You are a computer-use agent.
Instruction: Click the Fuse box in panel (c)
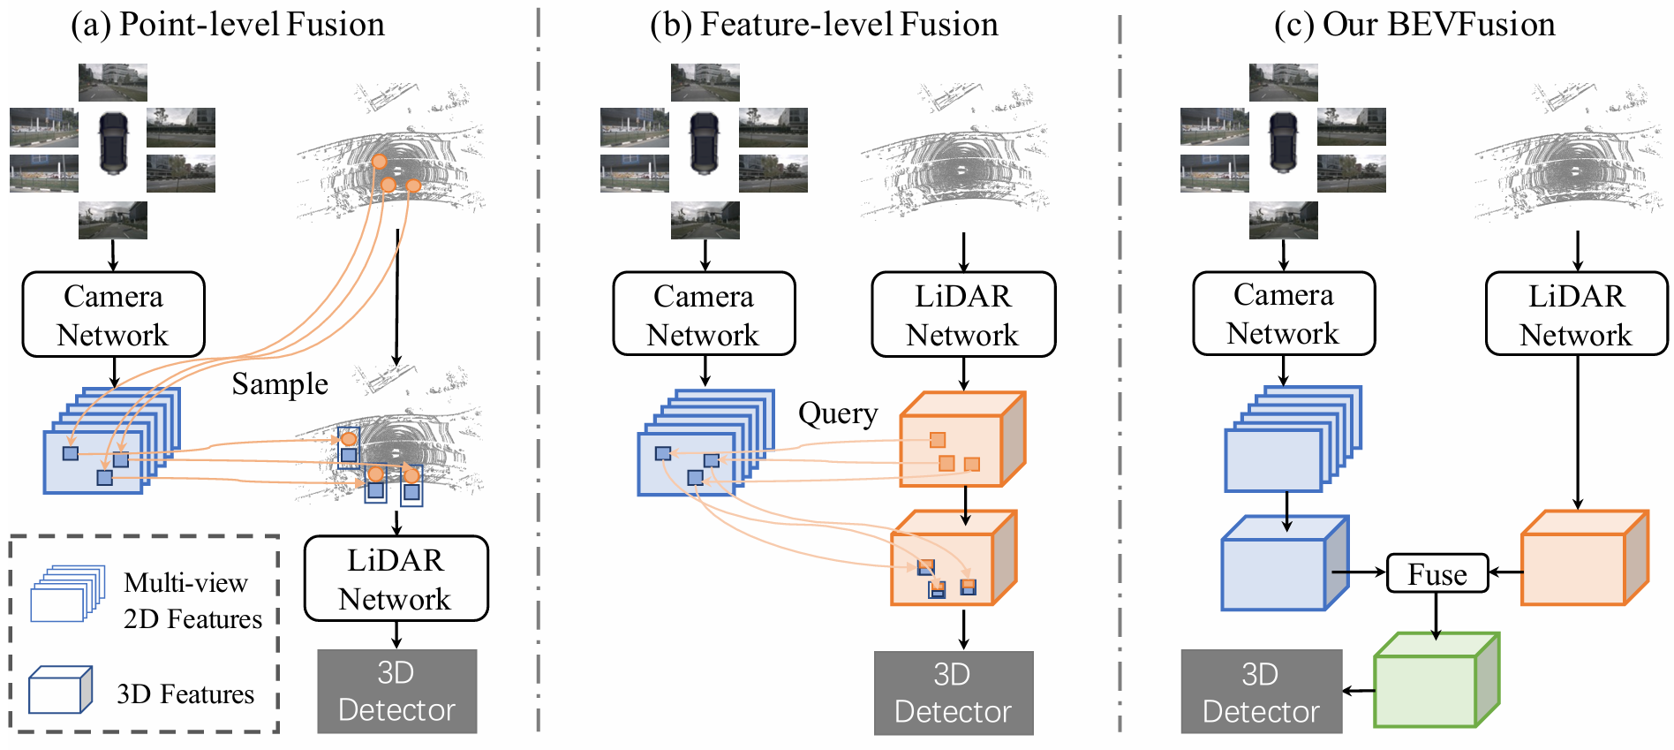tap(1437, 573)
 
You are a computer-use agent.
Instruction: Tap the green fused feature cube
tap(1436, 679)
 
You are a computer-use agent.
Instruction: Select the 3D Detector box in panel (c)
tap(1261, 692)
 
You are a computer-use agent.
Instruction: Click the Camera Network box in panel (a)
tap(113, 314)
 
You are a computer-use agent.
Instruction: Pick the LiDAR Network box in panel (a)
tap(396, 579)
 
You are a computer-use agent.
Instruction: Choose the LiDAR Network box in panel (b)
tap(963, 314)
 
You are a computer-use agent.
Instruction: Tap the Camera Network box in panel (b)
tap(704, 314)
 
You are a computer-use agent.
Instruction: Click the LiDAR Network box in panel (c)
tap(1577, 314)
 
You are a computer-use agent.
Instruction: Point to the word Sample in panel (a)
tap(280, 384)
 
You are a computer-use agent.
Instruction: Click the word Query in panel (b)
tap(838, 413)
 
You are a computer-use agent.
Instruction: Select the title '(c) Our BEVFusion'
tap(1414, 24)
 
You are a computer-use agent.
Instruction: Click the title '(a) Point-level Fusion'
tap(228, 24)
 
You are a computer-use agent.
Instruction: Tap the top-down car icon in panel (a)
tap(113, 142)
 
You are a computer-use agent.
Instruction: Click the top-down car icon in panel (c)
tap(1283, 142)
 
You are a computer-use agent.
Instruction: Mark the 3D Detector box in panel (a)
tap(397, 692)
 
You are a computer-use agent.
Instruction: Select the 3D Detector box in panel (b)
tap(954, 693)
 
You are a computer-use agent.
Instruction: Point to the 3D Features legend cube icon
tap(60, 690)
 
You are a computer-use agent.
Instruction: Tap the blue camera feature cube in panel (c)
tap(1285, 563)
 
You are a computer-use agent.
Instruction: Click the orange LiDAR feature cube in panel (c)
tap(1585, 557)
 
